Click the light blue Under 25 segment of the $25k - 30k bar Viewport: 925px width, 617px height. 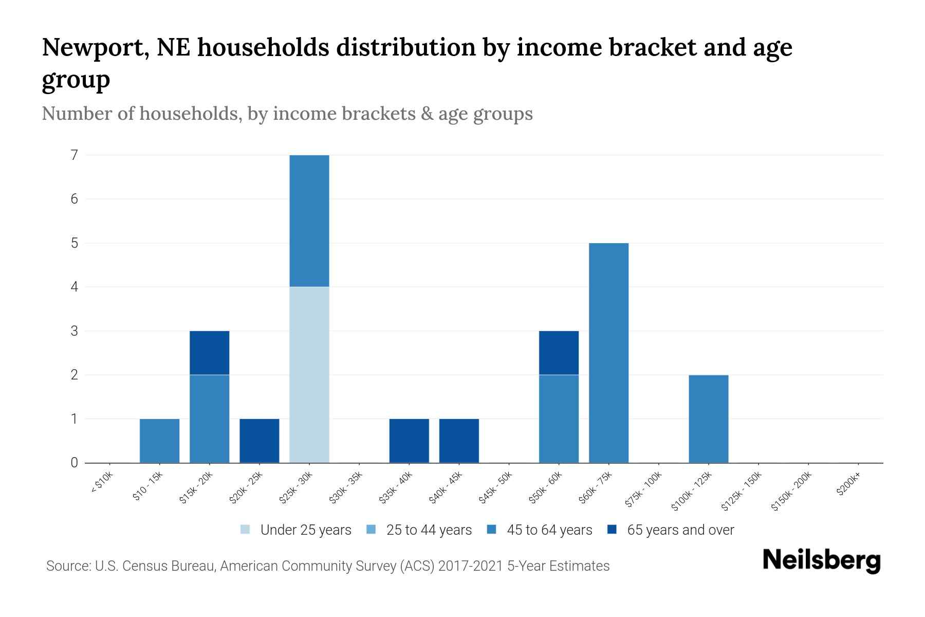(x=309, y=374)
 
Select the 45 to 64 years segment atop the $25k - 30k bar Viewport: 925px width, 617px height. (x=309, y=221)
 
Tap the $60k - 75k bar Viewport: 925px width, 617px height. (x=608, y=353)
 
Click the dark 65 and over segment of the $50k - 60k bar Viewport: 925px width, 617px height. (x=559, y=353)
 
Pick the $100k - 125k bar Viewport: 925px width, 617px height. (x=708, y=419)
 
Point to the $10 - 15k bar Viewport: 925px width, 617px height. (x=159, y=441)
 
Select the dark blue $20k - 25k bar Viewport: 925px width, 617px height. (x=259, y=441)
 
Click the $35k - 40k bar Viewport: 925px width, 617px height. (x=409, y=441)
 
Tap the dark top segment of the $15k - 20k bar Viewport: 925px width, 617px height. (x=209, y=353)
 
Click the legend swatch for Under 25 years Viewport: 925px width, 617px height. (x=245, y=530)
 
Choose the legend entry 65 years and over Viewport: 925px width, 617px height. (x=680, y=530)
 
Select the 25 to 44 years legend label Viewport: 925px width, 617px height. (x=429, y=530)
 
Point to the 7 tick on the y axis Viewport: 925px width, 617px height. (x=75, y=155)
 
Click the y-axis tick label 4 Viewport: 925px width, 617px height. (x=75, y=287)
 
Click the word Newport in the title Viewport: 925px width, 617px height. (x=96, y=47)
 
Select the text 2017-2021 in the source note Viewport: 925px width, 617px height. (x=470, y=566)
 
